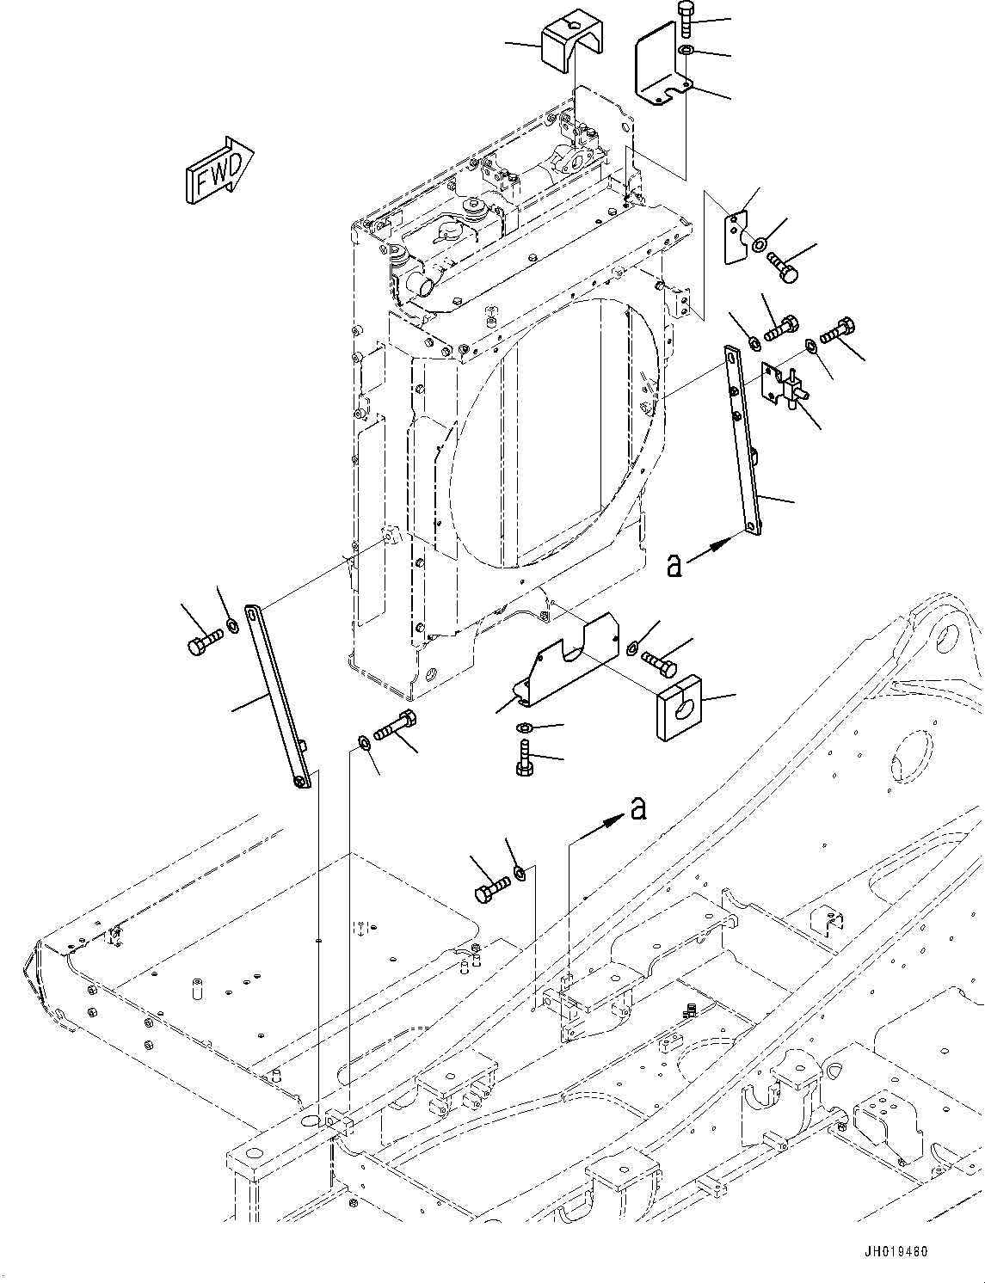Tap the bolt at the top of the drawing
pyautogui.click(x=686, y=18)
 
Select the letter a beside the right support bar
pyautogui.click(x=675, y=565)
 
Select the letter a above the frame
pyautogui.click(x=637, y=808)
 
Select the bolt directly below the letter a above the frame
pyautogui.click(x=490, y=886)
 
